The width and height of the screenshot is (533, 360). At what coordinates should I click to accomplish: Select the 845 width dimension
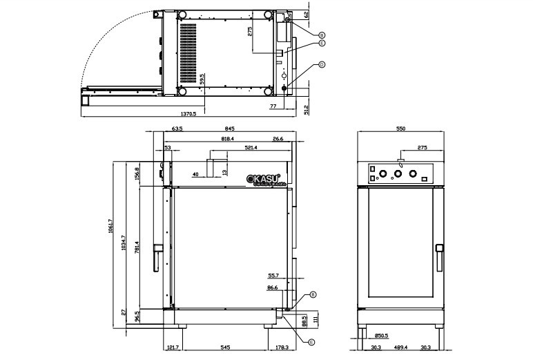point(230,129)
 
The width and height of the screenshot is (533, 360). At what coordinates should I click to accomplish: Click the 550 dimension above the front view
point(400,129)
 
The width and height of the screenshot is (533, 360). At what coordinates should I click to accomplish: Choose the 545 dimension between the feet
point(224,348)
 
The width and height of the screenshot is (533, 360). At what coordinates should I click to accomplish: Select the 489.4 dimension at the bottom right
point(400,348)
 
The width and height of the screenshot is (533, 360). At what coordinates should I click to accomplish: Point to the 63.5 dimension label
point(158,129)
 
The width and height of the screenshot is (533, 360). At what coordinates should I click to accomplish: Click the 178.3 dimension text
point(282,348)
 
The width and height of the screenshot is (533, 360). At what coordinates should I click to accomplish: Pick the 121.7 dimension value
point(173,348)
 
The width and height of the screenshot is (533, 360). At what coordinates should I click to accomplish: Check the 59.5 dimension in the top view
point(202,80)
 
